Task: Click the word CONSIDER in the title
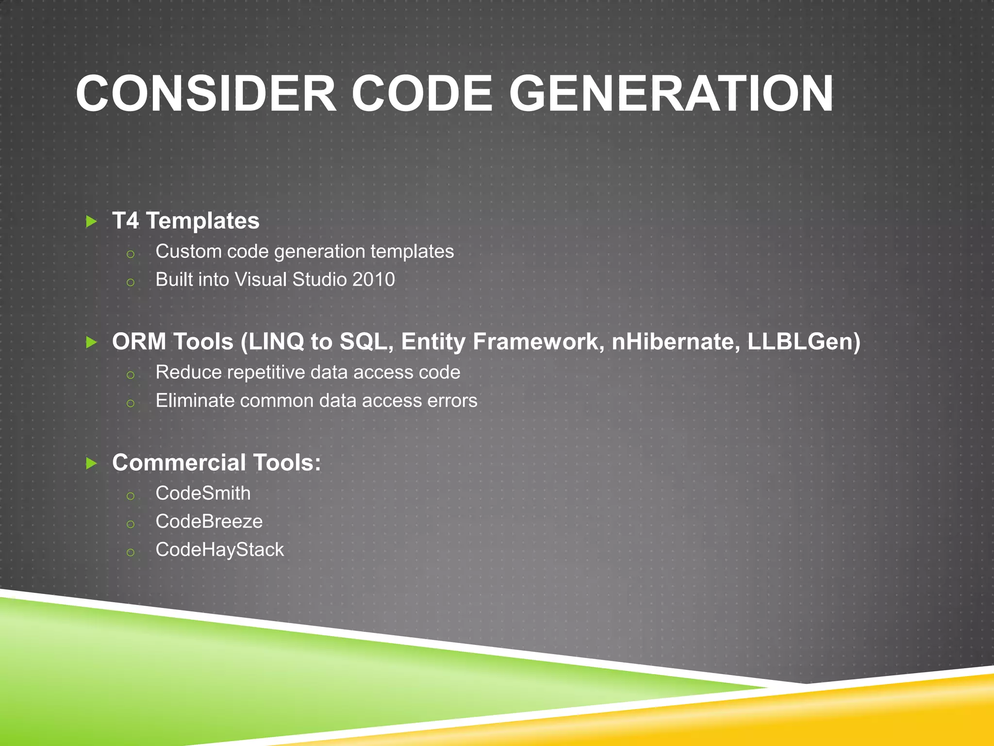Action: coord(206,94)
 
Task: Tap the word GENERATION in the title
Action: coord(671,94)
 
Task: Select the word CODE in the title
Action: coord(422,94)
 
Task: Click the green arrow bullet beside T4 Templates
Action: coord(91,222)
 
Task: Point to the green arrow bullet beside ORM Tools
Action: coord(91,342)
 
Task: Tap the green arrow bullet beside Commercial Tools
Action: coord(91,463)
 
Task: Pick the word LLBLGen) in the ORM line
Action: coord(804,341)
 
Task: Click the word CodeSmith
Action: coord(203,493)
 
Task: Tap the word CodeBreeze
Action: coord(209,522)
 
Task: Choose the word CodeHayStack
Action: coord(219,550)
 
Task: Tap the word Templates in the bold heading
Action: coord(203,221)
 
